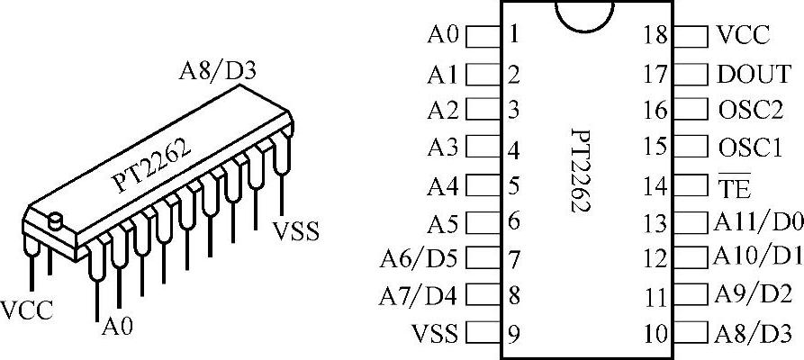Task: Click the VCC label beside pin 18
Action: coord(744,36)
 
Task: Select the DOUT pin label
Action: coord(754,74)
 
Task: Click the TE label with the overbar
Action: coord(735,187)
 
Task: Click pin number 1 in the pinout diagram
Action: coord(513,36)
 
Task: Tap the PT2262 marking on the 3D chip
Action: coord(151,167)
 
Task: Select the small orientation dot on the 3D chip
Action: coord(55,219)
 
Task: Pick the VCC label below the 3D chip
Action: coord(26,310)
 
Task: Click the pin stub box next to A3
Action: coord(483,148)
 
